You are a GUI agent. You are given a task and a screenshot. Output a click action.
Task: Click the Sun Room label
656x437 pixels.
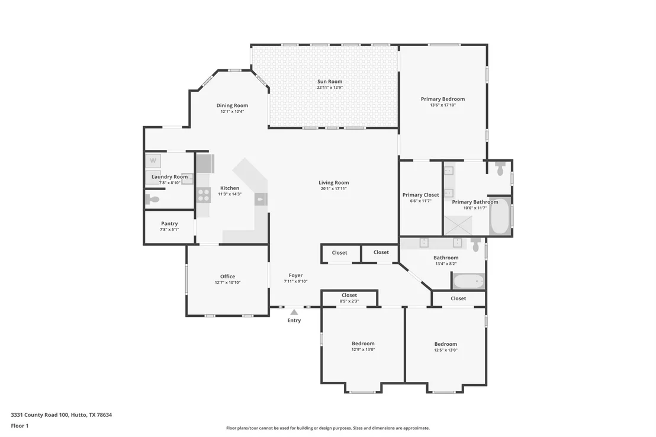click(330, 82)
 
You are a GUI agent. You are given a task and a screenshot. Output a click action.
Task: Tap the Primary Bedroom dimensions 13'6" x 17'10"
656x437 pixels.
click(443, 105)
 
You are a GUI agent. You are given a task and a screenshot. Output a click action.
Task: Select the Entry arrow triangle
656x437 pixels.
click(294, 312)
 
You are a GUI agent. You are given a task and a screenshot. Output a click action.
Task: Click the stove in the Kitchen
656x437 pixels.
click(204, 195)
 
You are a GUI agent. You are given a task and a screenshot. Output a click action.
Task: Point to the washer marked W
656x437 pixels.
click(153, 160)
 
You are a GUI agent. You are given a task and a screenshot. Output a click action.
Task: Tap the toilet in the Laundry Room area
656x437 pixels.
click(152, 199)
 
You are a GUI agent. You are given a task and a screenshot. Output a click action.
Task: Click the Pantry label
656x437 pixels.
click(169, 223)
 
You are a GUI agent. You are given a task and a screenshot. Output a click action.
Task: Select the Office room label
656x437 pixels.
click(227, 277)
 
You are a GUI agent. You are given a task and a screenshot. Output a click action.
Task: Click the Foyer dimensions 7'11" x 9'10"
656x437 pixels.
click(295, 281)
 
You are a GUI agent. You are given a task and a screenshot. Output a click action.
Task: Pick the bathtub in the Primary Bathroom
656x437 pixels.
click(499, 216)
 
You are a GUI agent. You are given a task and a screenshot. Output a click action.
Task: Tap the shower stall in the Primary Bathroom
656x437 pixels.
click(458, 225)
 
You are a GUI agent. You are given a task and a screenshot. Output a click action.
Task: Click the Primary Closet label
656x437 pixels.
click(421, 195)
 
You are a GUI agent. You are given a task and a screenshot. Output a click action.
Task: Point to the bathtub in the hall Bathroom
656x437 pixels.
click(468, 281)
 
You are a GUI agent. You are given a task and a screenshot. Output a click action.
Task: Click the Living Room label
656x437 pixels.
click(334, 182)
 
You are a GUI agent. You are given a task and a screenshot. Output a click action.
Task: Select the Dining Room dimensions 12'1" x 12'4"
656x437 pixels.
click(232, 111)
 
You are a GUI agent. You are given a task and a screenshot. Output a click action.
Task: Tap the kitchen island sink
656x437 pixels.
click(261, 199)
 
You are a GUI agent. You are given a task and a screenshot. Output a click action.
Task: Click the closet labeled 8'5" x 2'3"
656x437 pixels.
click(349, 298)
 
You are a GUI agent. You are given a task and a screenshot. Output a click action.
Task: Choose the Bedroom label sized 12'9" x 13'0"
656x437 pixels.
click(363, 343)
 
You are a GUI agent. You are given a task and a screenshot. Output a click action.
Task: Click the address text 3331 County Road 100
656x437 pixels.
click(40, 415)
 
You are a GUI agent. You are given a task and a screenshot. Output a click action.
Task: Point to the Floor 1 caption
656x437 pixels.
click(20, 426)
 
